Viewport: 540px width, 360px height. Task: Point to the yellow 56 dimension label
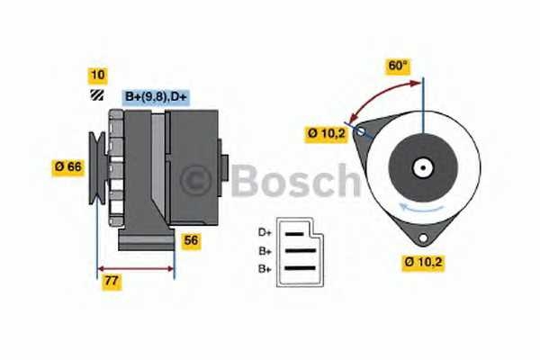(x=191, y=240)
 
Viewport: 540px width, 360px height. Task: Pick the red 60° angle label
(x=397, y=66)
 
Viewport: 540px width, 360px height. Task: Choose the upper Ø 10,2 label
(x=325, y=135)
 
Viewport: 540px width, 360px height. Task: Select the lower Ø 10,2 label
(x=423, y=264)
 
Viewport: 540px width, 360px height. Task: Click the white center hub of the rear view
(x=420, y=166)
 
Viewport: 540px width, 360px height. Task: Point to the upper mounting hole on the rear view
(x=362, y=131)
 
